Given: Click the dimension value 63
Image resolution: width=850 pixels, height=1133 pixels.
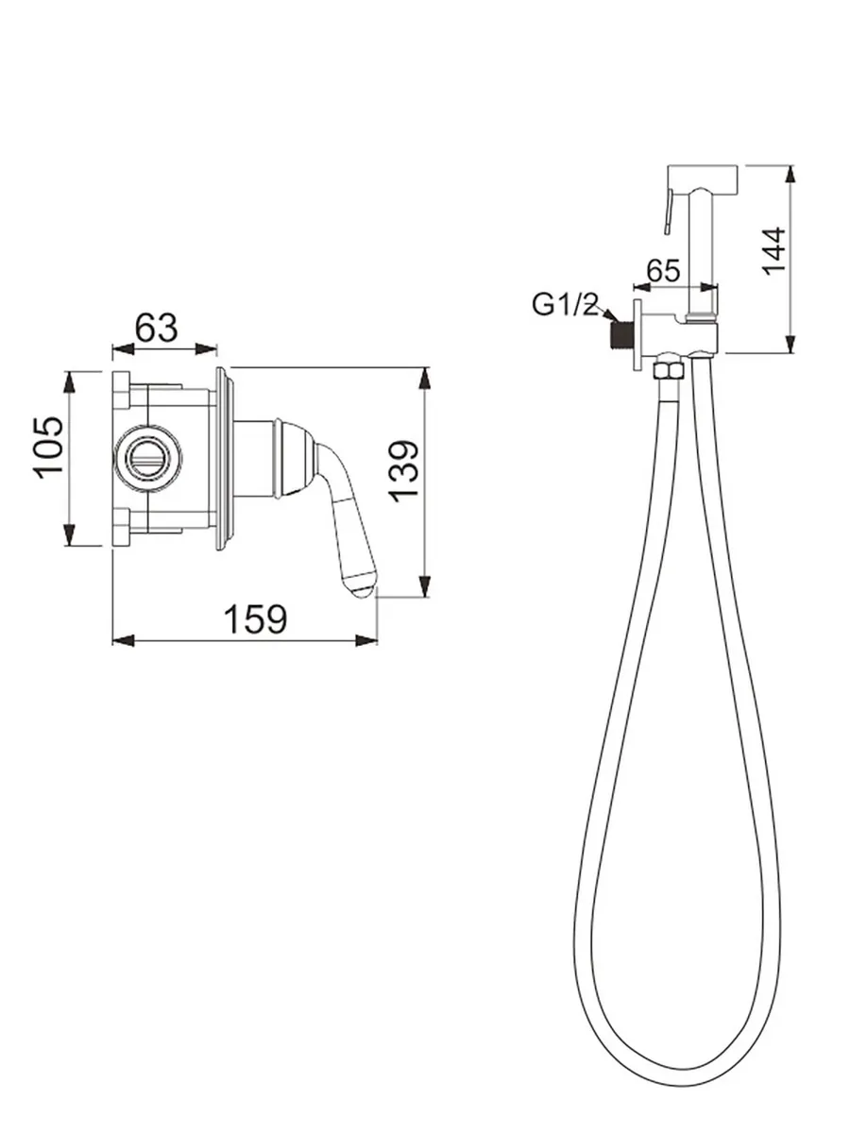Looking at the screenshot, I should pos(157,328).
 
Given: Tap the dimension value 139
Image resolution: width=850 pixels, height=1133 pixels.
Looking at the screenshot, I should pos(404,469).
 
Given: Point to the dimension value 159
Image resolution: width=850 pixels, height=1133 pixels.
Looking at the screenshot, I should pos(254,619).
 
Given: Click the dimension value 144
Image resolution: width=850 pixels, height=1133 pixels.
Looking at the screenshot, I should pos(773,250).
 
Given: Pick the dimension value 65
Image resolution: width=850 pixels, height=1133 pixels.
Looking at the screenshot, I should pos(663,270).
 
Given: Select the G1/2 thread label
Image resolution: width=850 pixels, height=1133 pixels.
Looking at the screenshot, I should pos(566,304).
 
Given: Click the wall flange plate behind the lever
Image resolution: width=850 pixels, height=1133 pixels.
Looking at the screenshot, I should pos(223,458).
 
